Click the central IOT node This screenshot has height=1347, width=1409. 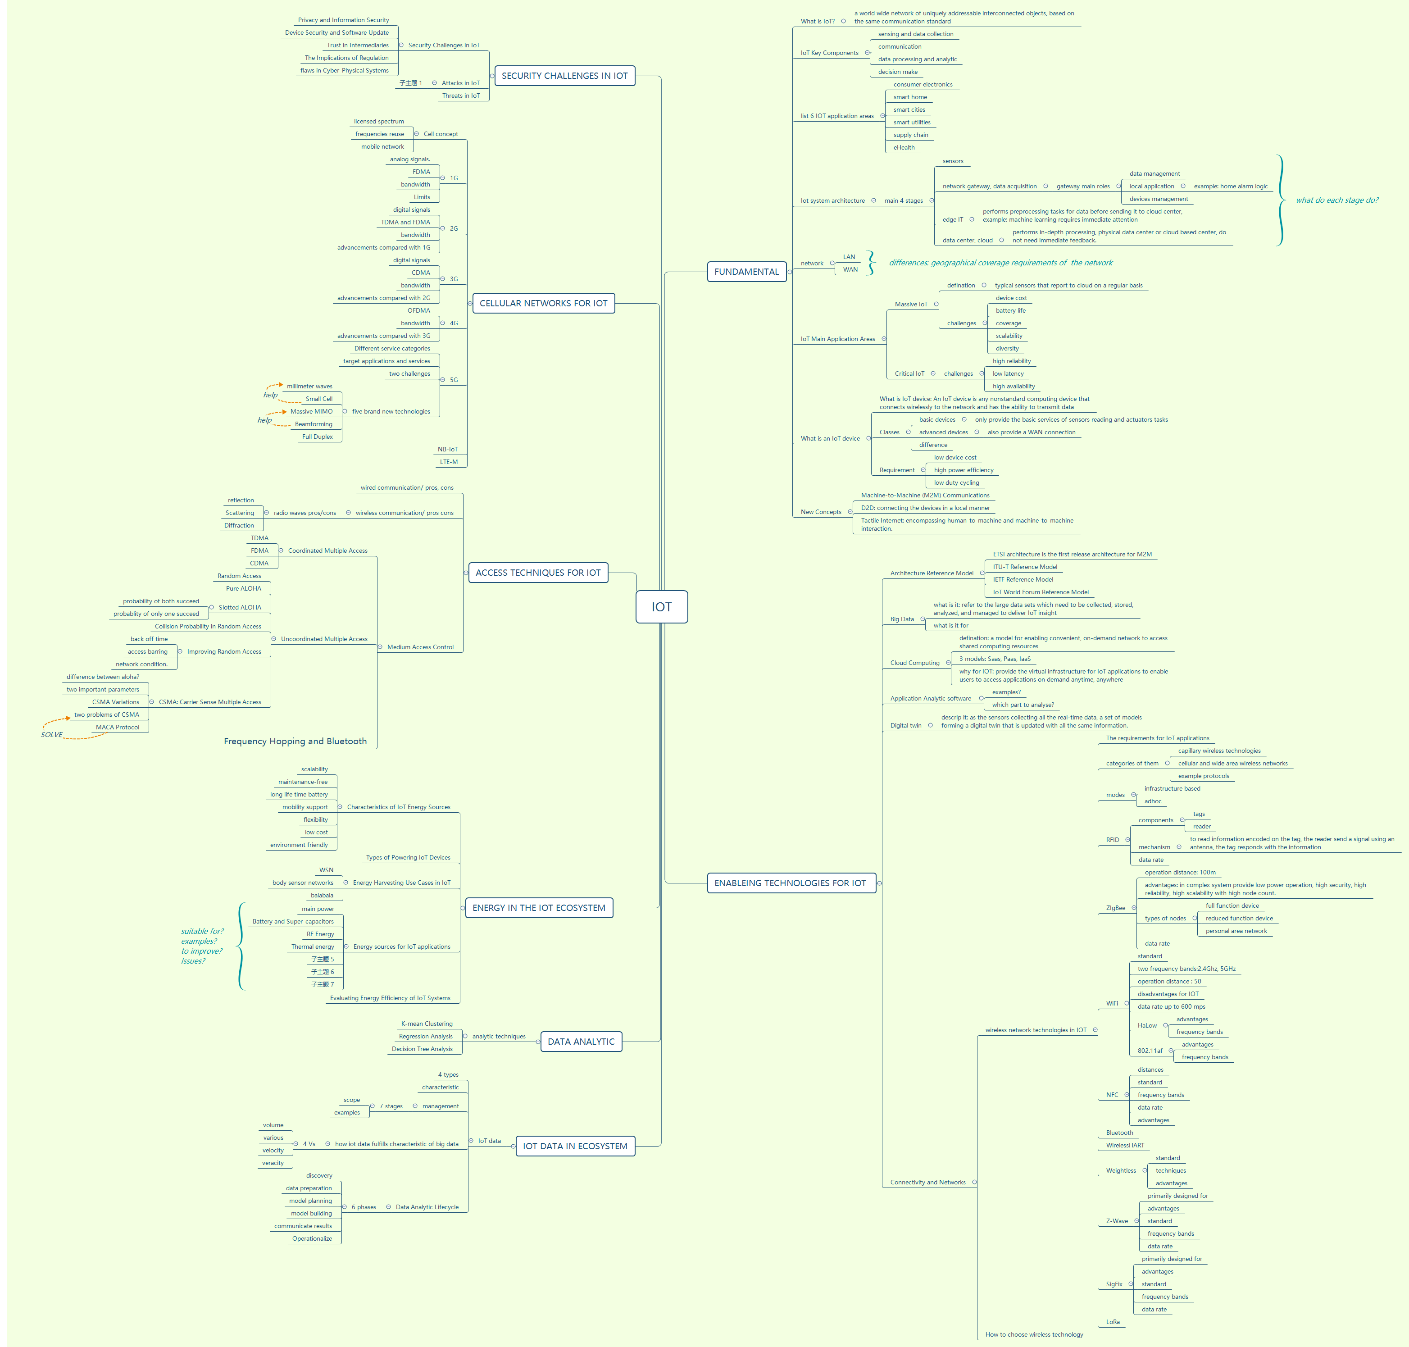[661, 607]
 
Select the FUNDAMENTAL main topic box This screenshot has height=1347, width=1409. [746, 271]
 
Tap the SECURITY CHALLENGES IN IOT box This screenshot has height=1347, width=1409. [564, 75]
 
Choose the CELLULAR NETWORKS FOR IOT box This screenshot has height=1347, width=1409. [543, 303]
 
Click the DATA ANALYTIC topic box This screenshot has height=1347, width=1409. [581, 1041]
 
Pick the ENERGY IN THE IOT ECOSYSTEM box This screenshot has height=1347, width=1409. [538, 908]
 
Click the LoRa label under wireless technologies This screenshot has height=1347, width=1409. [1113, 1322]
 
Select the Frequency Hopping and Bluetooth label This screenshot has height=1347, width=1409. [295, 741]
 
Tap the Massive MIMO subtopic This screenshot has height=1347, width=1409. [312, 411]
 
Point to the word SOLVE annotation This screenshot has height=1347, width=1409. [52, 734]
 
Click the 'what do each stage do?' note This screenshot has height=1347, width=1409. [1336, 200]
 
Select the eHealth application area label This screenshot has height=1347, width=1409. [904, 147]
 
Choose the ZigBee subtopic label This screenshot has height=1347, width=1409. [1115, 908]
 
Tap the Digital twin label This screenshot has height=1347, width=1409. [906, 725]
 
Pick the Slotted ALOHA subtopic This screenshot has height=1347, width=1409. [240, 607]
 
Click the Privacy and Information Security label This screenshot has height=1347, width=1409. [343, 20]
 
